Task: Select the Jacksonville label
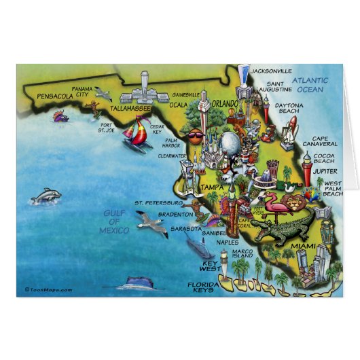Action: click(271, 71)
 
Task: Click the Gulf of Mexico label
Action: click(114, 221)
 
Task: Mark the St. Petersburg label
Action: click(158, 202)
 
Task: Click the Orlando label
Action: click(223, 104)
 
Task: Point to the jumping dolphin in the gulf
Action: click(46, 197)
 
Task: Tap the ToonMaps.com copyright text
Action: click(48, 289)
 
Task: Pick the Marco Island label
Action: click(242, 255)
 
